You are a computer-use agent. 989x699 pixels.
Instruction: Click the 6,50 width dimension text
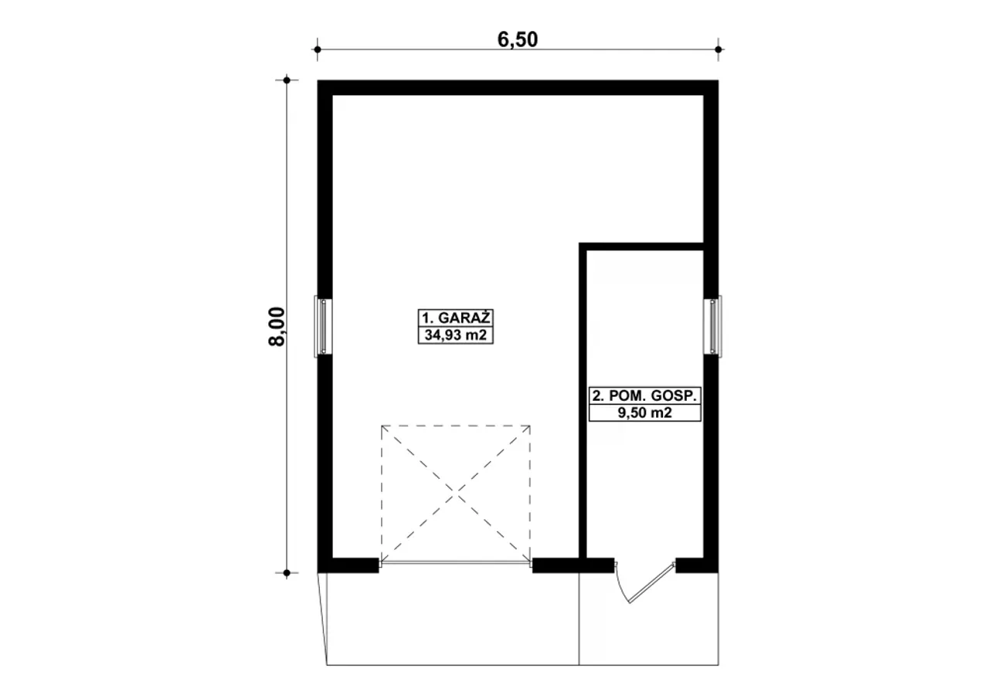coord(518,39)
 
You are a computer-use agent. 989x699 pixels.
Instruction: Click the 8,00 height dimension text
coord(277,327)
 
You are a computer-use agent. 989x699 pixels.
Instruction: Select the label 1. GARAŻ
coord(456,317)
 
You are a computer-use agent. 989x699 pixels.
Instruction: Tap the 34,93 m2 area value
coord(456,335)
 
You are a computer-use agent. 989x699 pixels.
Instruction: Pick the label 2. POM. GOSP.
coord(644,395)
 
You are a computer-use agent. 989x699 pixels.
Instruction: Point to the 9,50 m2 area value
coord(644,413)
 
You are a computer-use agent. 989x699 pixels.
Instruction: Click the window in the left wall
coord(323,326)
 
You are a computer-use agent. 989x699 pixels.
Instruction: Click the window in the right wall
coord(712,326)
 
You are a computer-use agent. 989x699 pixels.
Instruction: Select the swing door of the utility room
coord(644,583)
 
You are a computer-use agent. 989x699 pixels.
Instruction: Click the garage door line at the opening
coord(456,564)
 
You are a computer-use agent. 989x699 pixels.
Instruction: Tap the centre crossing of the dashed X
coord(456,494)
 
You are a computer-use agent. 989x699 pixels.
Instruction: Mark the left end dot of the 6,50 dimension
coord(318,49)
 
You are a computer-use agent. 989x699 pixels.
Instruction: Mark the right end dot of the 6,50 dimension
coord(719,49)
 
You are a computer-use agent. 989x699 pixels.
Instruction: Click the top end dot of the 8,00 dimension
coord(287,80)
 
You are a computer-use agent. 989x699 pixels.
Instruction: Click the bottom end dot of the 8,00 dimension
coord(287,573)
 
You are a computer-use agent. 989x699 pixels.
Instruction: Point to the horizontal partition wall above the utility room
coord(641,246)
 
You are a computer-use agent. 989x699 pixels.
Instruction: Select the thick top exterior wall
coord(518,88)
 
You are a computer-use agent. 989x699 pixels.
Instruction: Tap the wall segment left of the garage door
coord(348,565)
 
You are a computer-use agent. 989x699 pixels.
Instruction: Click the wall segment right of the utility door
coord(697,565)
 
